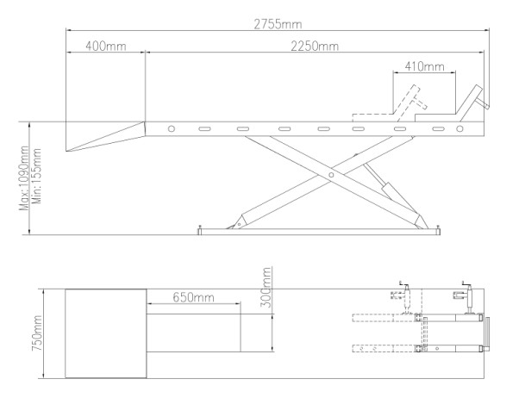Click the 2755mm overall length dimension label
(278, 24)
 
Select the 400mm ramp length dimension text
(106, 46)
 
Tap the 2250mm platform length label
(315, 46)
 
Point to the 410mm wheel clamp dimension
(424, 66)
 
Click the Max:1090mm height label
(24, 178)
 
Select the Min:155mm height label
(36, 177)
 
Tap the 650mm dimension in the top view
(193, 297)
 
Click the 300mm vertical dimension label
(266, 287)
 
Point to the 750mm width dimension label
(37, 333)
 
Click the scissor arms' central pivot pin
(331, 175)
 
